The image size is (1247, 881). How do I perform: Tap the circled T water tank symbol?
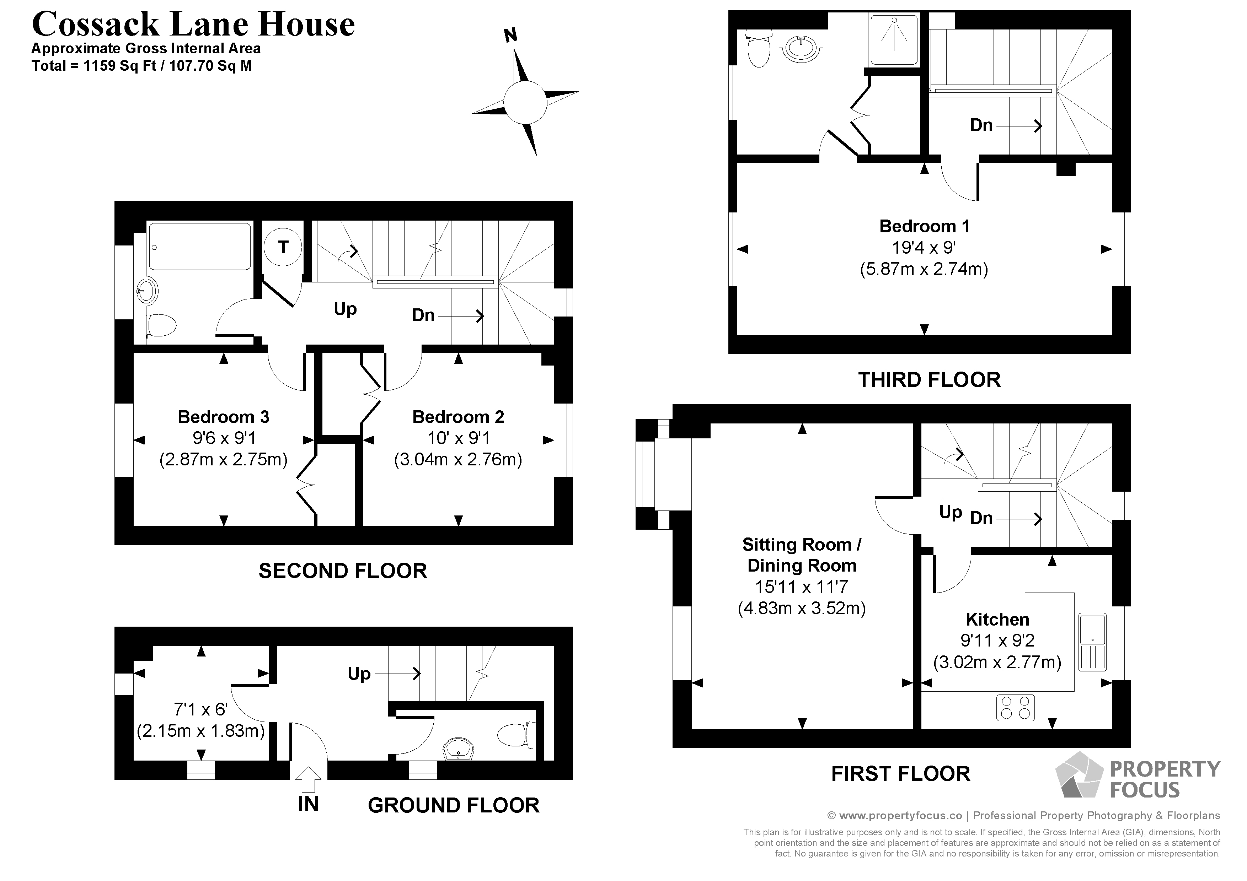283,248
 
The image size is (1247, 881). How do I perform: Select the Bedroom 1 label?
924,226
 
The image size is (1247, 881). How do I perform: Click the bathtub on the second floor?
200,247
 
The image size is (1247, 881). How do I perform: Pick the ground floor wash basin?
459,750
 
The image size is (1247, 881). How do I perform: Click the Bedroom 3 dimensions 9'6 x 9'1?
224,438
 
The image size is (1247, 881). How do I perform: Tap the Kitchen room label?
997,619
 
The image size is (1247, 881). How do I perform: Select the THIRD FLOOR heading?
929,380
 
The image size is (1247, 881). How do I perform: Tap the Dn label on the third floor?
981,125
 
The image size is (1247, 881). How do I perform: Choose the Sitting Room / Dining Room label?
802,555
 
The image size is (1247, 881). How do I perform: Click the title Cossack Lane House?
193,25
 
